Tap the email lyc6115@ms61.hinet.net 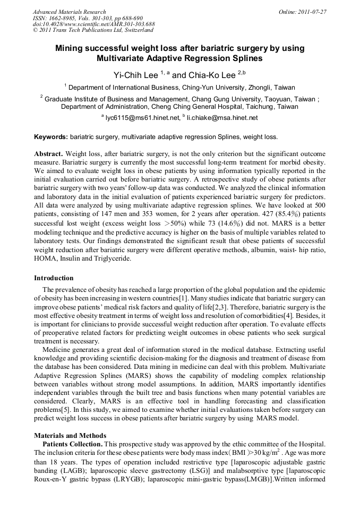pyautogui.click(x=143, y=117)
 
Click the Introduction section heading pyautogui.click(x=54, y=278)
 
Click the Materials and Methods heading pyautogui.click(x=68, y=436)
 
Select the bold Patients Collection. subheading pyautogui.click(x=72, y=444)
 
